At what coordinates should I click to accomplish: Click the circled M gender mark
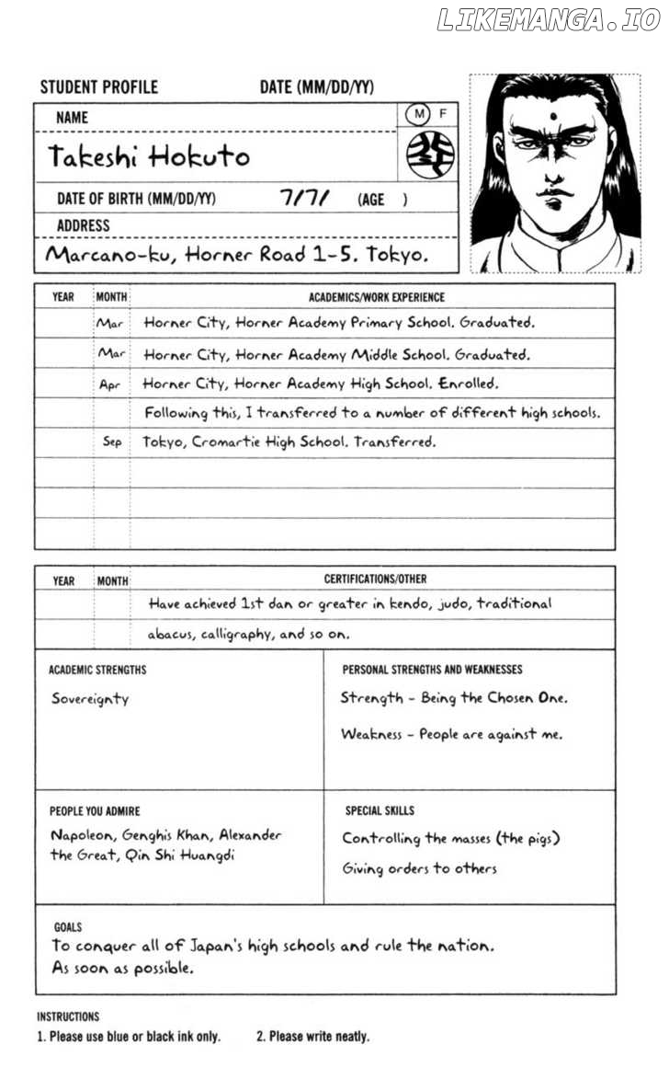point(419,114)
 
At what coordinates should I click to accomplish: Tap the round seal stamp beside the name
point(430,154)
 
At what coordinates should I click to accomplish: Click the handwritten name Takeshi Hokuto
point(149,156)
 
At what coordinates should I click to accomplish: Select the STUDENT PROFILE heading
point(99,87)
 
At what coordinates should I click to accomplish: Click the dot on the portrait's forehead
point(555,116)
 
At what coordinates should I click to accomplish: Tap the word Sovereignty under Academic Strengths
point(90,699)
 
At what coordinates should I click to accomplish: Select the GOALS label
point(68,928)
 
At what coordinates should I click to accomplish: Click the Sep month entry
point(112,442)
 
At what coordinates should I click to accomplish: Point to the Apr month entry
point(110,384)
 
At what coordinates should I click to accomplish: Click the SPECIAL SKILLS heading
point(380,810)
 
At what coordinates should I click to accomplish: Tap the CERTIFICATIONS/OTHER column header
point(375,579)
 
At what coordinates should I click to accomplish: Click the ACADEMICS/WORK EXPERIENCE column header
point(376,297)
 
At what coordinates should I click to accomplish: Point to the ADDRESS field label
point(83,225)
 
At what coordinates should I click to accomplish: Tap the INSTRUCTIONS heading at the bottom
point(68,1016)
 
